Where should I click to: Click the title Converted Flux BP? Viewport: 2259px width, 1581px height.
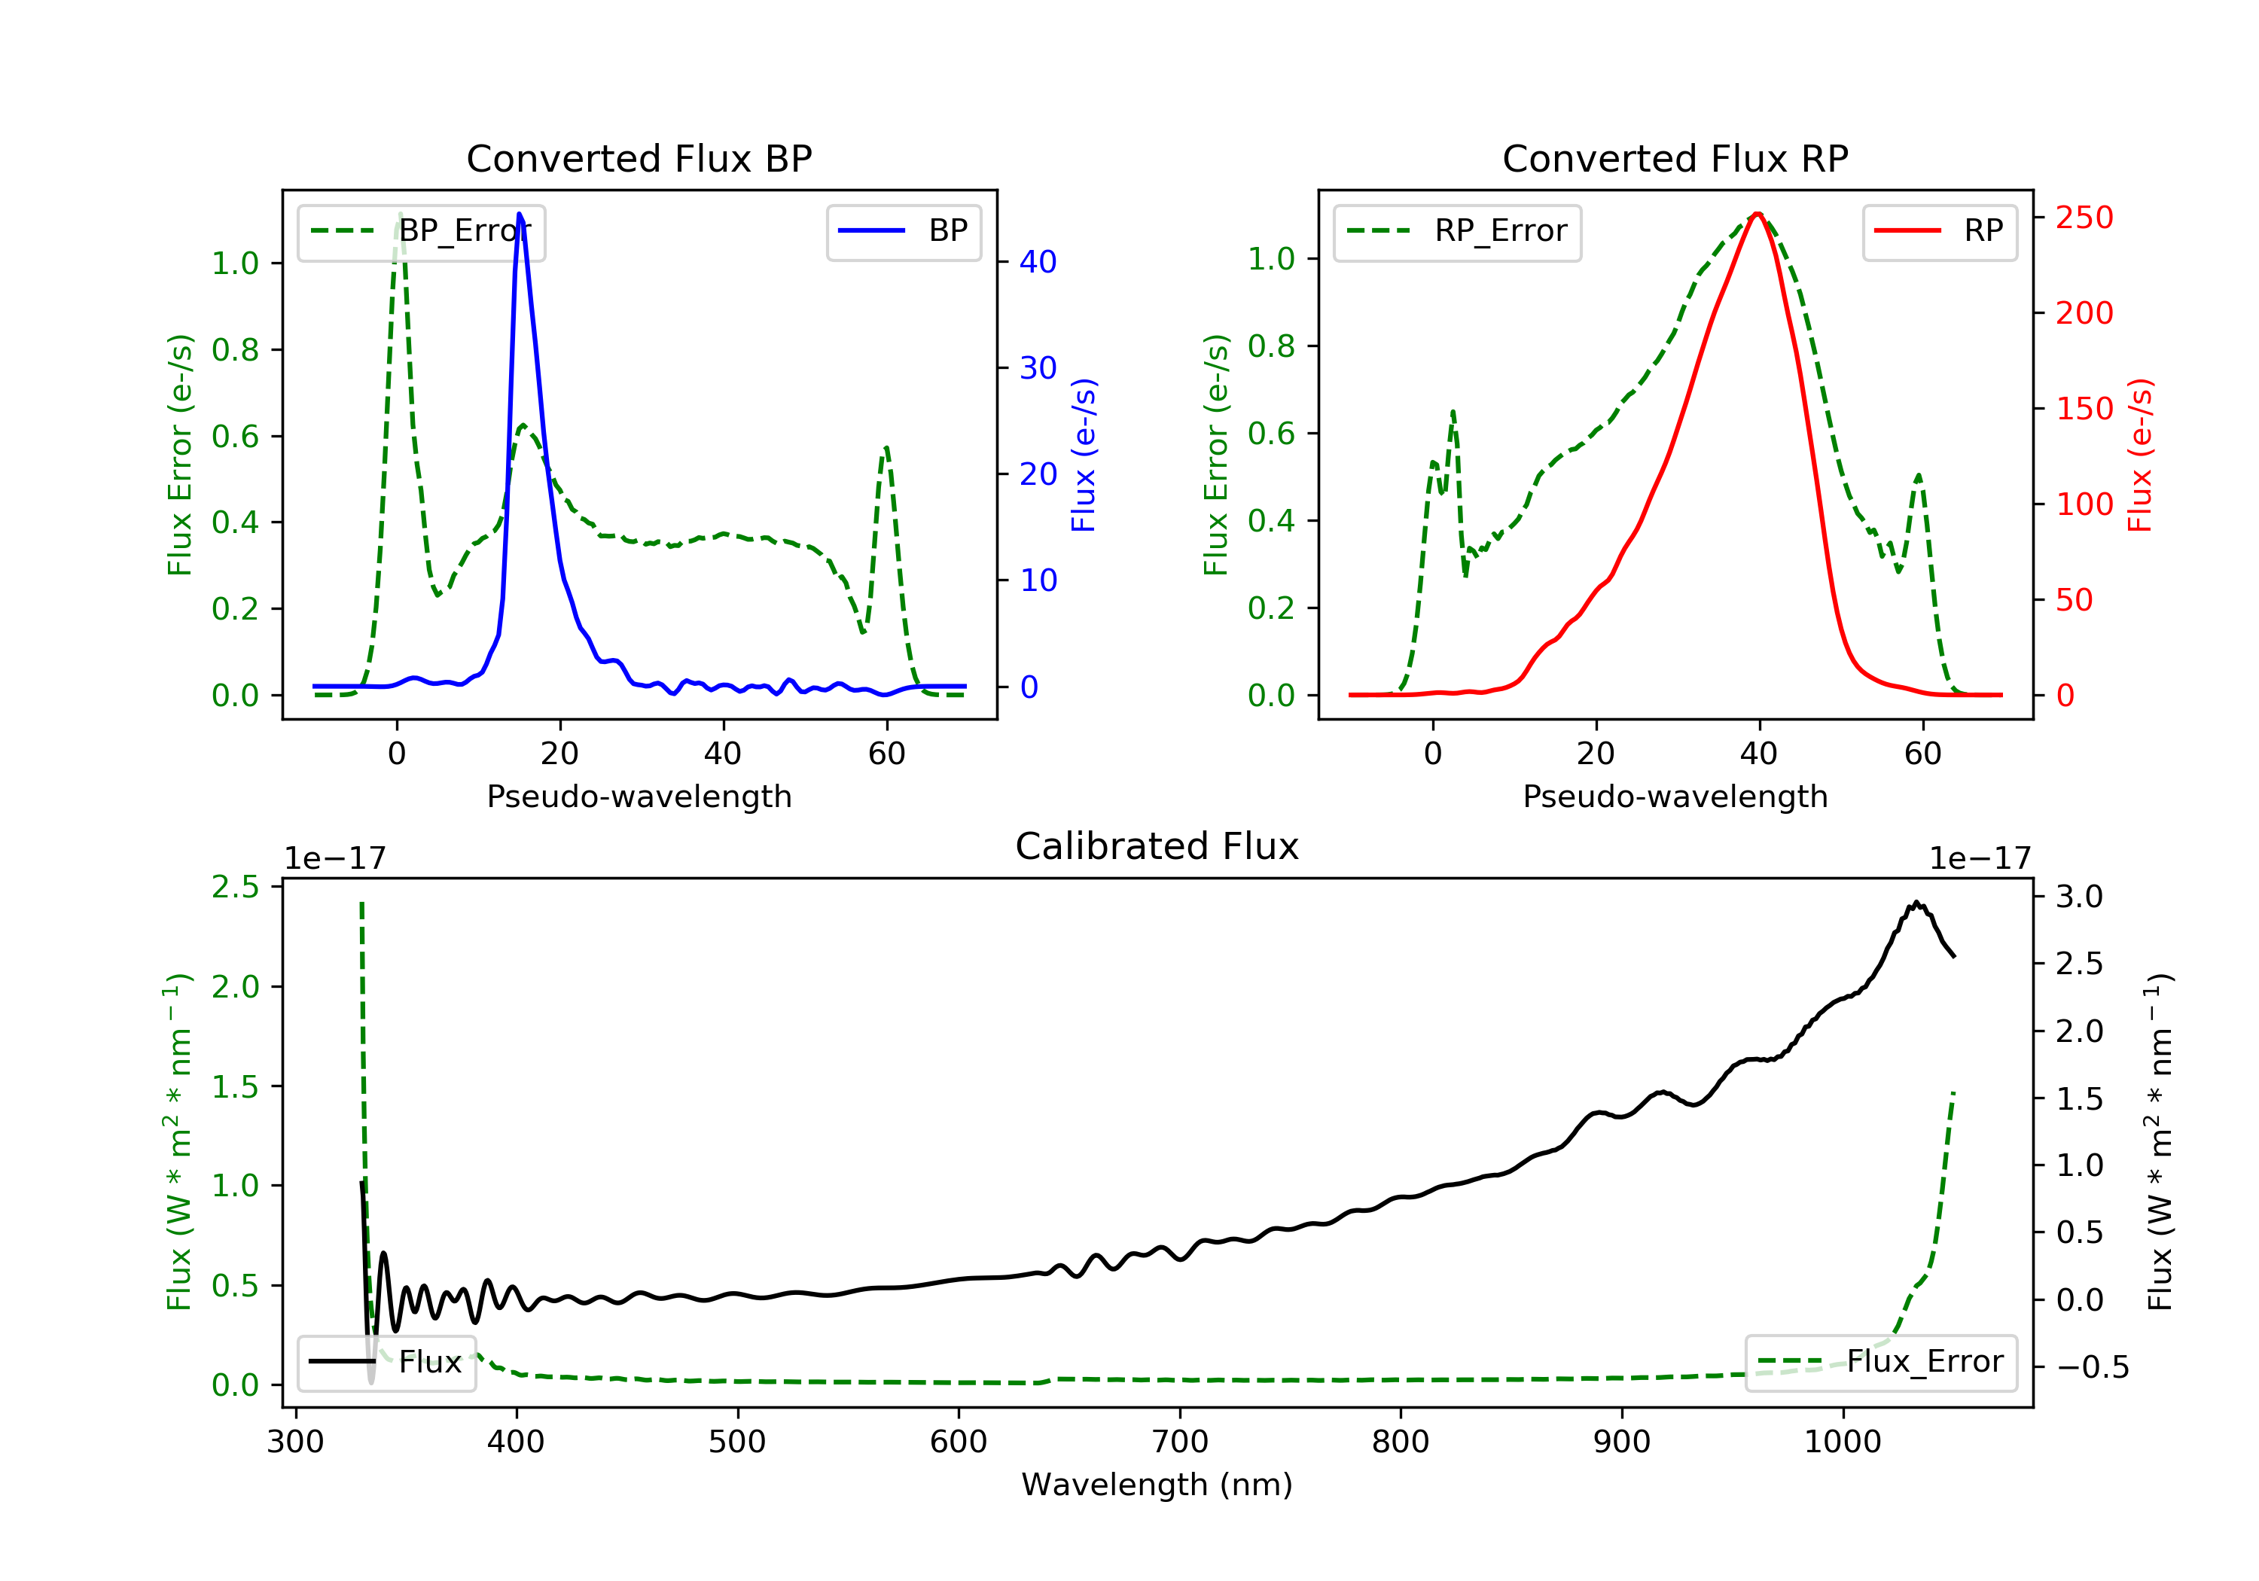(639, 158)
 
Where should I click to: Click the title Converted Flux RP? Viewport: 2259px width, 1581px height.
(1675, 158)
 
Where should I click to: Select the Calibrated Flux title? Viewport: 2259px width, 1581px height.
(1157, 846)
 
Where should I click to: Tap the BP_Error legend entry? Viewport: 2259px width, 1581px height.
(421, 231)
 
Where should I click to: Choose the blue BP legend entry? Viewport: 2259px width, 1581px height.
(903, 231)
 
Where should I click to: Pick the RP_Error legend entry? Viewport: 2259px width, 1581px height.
(1457, 231)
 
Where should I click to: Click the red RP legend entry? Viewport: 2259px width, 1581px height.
(1939, 231)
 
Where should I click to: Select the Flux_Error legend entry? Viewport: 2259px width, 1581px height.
(1880, 1362)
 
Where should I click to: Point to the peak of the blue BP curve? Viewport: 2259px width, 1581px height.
(520, 214)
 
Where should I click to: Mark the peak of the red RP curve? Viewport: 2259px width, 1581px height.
(1758, 214)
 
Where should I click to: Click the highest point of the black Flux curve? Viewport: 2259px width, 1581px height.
(1916, 901)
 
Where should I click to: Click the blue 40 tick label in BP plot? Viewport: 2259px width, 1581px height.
(1038, 262)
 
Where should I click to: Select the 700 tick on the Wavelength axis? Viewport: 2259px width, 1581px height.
(1180, 1442)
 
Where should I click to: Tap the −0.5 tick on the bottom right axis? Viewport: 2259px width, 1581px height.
(2092, 1367)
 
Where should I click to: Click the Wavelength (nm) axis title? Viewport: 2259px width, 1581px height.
(1157, 1485)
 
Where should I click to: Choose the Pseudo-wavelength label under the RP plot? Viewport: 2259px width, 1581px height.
(1675, 796)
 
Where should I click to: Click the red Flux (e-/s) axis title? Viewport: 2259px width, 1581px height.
(2141, 455)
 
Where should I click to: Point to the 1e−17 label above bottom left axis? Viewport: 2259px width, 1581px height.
(336, 859)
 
